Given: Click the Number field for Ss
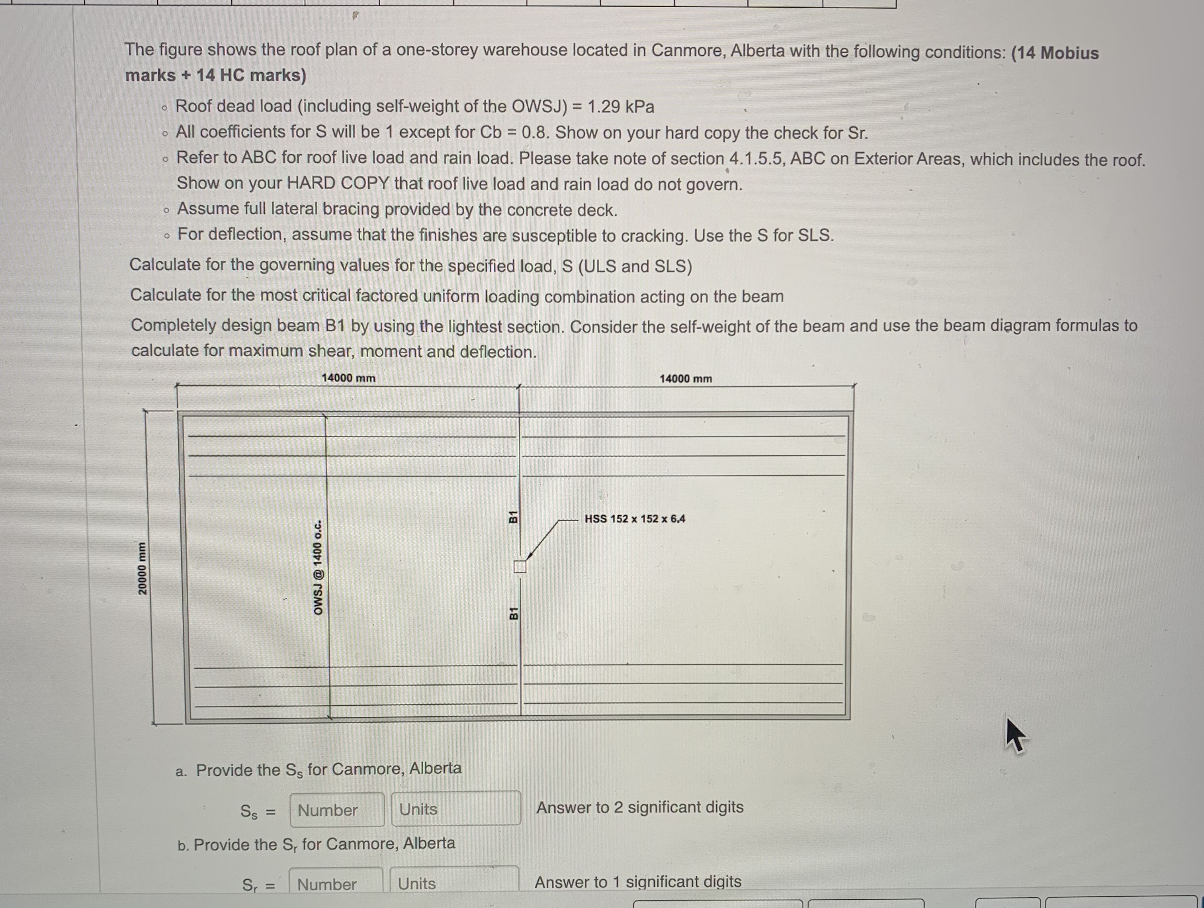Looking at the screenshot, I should [x=336, y=810].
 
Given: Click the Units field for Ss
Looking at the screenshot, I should [x=455, y=809].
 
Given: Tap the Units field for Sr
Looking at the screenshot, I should [x=454, y=883].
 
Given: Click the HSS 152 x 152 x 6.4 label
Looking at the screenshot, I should [x=635, y=519].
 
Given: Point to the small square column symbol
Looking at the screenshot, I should [x=520, y=567].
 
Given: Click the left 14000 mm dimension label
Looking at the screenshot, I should [x=348, y=378].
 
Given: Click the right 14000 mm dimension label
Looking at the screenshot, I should [x=686, y=379].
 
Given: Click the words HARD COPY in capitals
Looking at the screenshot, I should [x=338, y=184].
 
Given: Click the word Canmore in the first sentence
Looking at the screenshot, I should [x=688, y=51].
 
